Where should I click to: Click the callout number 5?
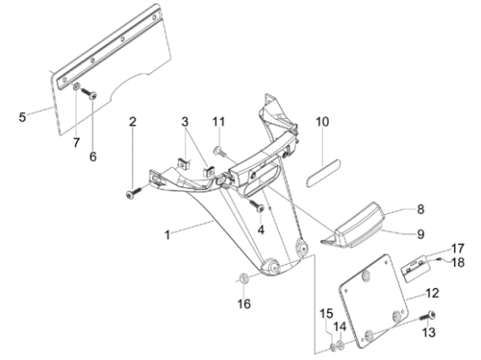tap(23, 117)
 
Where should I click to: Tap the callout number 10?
tap(323, 121)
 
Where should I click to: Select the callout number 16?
tap(244, 303)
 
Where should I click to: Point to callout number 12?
tap(433, 294)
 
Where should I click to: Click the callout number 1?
tap(168, 235)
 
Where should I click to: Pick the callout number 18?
tap(458, 262)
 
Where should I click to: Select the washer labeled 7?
tap(76, 87)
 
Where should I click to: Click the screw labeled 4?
tap(257, 205)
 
